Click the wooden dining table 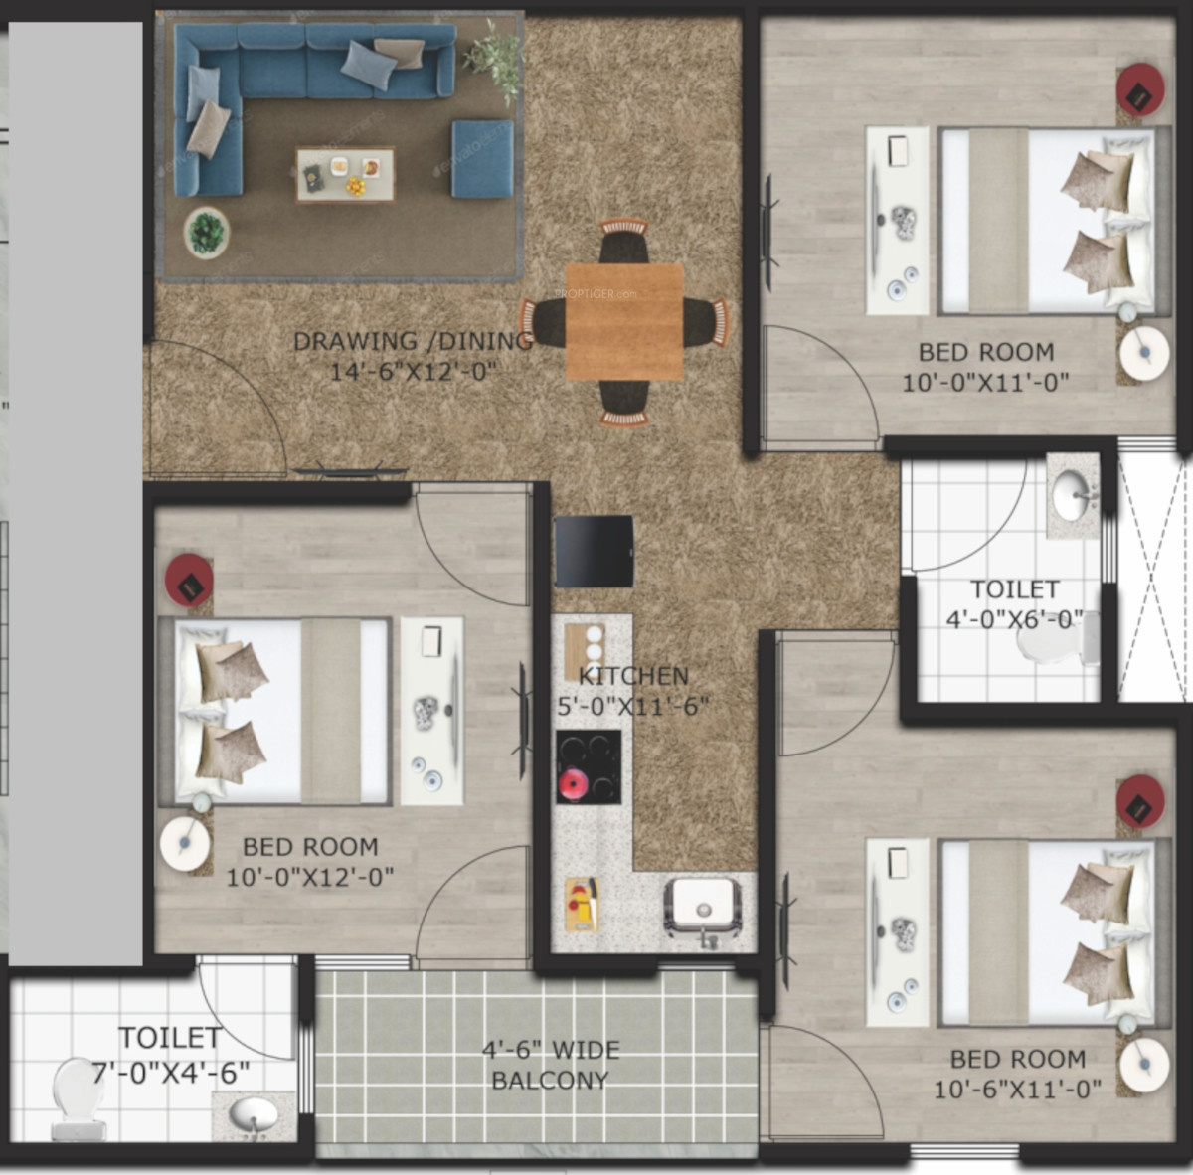coord(624,322)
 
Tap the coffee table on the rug coord(345,174)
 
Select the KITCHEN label coord(633,676)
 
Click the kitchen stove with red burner coord(589,767)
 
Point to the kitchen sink coord(703,906)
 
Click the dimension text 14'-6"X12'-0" coord(414,372)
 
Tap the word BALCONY coord(550,1081)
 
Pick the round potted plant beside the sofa coord(206,233)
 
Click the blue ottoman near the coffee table coord(482,159)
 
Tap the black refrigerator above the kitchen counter coord(594,551)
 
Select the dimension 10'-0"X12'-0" coord(310,877)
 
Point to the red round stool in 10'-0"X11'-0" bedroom coord(1140,89)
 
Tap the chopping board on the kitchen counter coord(582,905)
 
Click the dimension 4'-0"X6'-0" coord(1015,619)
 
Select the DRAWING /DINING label coord(413,341)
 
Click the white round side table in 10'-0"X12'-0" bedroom coord(185,843)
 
